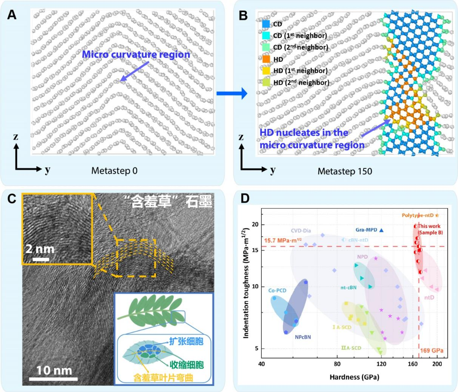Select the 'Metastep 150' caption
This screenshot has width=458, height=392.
pyautogui.click(x=344, y=171)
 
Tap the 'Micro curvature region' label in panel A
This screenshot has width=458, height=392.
pyautogui.click(x=136, y=54)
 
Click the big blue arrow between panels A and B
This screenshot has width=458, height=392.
pyautogui.click(x=231, y=93)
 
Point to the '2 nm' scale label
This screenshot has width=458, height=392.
pyautogui.click(x=40, y=249)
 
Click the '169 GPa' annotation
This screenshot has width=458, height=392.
pyautogui.click(x=431, y=351)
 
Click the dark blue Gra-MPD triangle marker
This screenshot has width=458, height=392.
pyautogui.click(x=381, y=230)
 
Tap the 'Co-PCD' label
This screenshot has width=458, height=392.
pyautogui.click(x=277, y=291)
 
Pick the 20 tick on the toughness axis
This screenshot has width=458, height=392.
pyautogui.click(x=255, y=225)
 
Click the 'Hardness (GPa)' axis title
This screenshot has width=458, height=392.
pyautogui.click(x=354, y=377)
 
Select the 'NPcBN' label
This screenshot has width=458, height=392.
pyautogui.click(x=303, y=337)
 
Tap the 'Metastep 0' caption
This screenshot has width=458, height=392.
pyautogui.click(x=114, y=171)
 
